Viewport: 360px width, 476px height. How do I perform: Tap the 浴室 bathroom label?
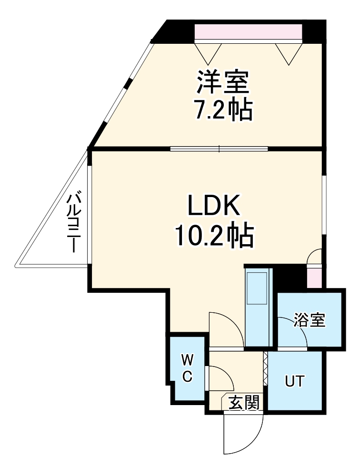(x=310, y=320)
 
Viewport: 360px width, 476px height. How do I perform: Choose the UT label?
(x=294, y=381)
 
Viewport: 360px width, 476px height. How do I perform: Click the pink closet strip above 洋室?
(x=248, y=32)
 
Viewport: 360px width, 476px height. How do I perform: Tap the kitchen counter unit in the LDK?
(x=258, y=307)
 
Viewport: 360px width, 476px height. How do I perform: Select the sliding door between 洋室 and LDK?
(x=219, y=149)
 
